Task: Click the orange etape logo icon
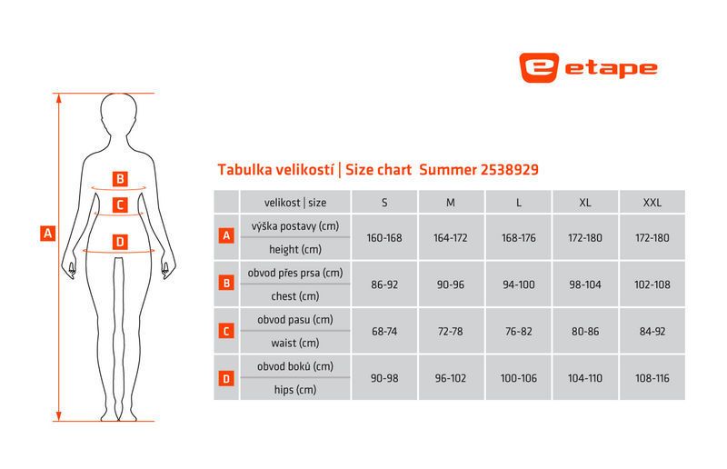coord(538,68)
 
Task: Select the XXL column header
coord(652,203)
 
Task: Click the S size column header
coord(384,203)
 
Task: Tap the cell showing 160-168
coord(384,237)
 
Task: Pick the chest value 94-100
coord(518,284)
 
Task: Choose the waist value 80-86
coord(585,331)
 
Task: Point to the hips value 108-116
coord(652,378)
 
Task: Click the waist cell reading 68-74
coord(384,331)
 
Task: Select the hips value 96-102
coord(450,378)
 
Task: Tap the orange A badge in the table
coord(226,235)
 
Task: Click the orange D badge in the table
coord(226,378)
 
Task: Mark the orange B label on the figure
coord(120,178)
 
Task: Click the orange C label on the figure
coord(120,205)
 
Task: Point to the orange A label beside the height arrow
coord(48,234)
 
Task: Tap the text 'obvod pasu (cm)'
coord(294,320)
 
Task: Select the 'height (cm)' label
coord(295,250)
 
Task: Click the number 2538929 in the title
coord(509,169)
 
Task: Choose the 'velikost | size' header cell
coord(295,203)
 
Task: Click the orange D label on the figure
coord(120,242)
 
